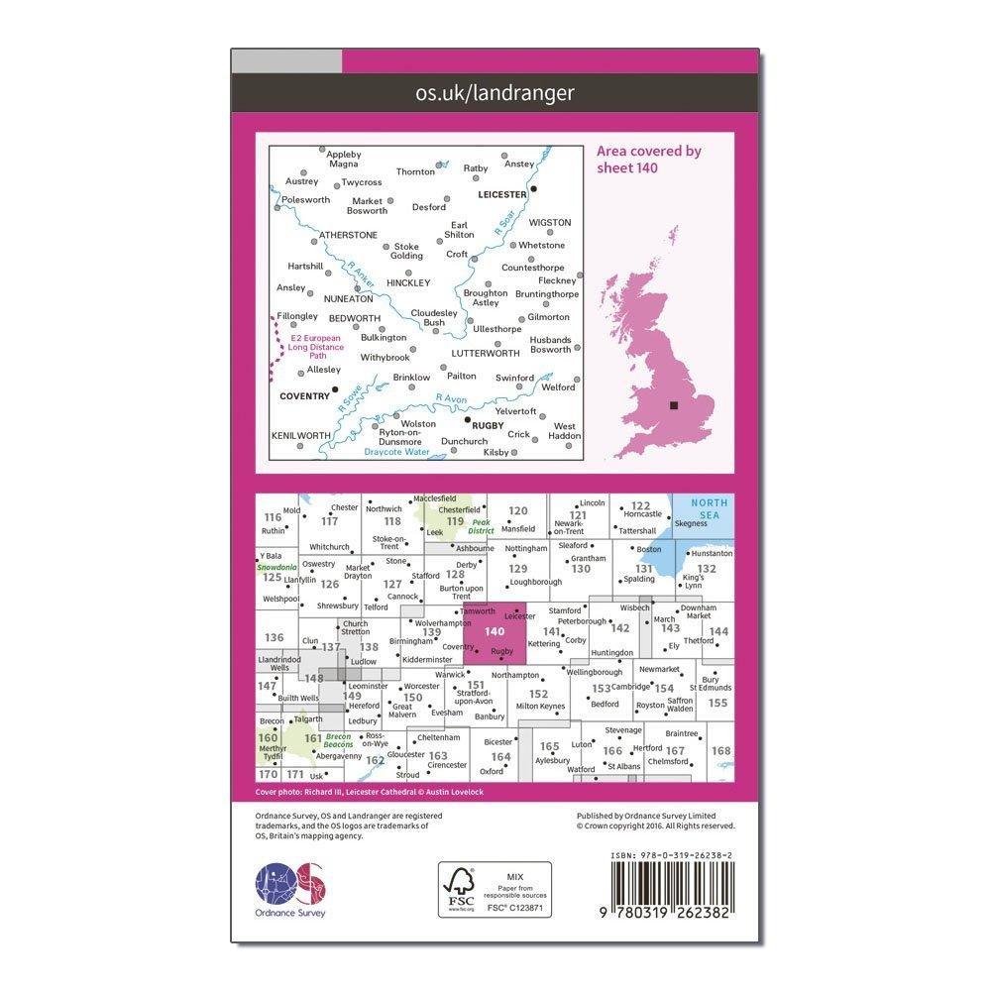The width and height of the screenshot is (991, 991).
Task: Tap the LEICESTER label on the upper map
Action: [x=501, y=195]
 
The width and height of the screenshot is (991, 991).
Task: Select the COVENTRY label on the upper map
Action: [x=304, y=395]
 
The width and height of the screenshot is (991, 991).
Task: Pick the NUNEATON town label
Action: [x=350, y=297]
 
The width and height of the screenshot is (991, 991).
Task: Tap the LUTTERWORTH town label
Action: [x=486, y=353]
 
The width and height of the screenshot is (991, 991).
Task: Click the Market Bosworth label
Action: [x=369, y=206]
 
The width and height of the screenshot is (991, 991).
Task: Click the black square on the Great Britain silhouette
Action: [x=675, y=404]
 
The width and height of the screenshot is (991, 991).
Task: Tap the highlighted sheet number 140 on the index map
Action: [x=495, y=631]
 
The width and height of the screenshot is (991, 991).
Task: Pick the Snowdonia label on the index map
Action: [x=276, y=568]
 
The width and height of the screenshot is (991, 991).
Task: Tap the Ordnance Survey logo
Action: [x=290, y=885]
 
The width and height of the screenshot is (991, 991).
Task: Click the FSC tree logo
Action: [x=460, y=889]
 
